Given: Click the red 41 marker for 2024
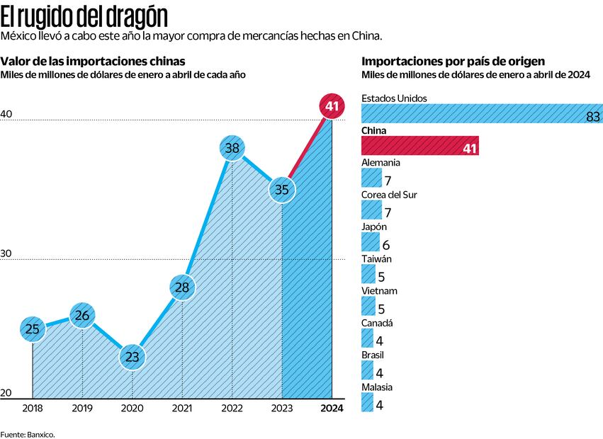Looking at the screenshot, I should (330, 106).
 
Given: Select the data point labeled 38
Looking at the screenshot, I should (232, 148).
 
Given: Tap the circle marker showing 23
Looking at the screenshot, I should (132, 357).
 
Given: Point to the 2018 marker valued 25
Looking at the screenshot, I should (33, 329).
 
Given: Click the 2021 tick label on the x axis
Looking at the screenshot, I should (182, 409).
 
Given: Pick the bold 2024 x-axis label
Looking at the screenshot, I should (331, 409).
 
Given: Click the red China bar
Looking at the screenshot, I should (419, 146).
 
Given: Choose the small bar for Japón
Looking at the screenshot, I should (369, 242).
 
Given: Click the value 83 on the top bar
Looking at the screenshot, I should (593, 117).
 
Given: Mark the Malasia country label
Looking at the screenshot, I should (377, 387).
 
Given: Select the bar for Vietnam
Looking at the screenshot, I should (368, 306).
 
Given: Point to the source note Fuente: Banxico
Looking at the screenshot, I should (28, 433).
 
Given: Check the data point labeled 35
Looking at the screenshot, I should (282, 189).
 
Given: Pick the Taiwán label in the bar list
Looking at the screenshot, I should (377, 258).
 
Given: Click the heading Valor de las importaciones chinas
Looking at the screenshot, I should (93, 61).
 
